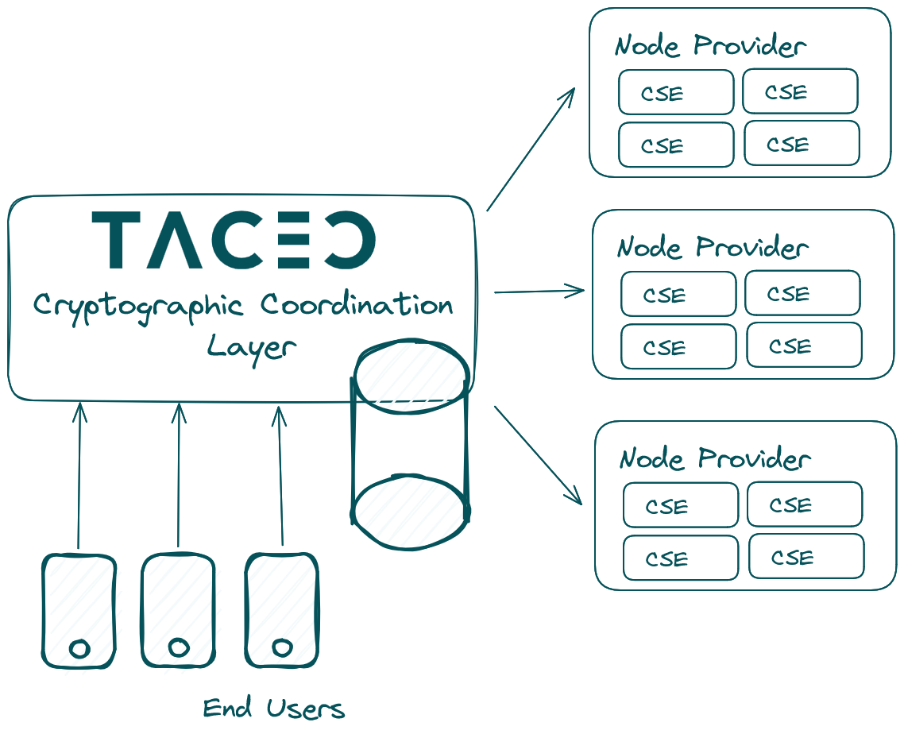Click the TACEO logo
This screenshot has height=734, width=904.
[234, 240]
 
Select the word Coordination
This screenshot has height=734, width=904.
[357, 303]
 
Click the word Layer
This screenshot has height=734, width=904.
[252, 349]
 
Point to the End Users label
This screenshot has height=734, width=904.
[274, 708]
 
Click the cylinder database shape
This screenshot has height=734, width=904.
[410, 444]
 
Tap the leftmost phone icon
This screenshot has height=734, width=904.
[79, 611]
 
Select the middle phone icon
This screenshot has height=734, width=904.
[178, 611]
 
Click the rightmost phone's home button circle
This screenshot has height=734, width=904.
[282, 647]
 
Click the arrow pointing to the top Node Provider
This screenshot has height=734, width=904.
[531, 149]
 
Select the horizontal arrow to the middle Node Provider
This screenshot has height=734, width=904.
[539, 292]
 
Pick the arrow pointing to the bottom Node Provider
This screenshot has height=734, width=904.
[539, 455]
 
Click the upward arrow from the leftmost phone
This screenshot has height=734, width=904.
[79, 476]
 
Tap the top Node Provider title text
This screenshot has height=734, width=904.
[710, 45]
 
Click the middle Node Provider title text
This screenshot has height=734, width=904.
[713, 247]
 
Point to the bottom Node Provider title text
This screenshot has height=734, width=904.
[715, 458]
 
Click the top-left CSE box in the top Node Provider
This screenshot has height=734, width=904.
[676, 92]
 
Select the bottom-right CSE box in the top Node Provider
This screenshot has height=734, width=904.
[802, 143]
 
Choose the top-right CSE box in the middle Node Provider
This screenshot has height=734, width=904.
[802, 293]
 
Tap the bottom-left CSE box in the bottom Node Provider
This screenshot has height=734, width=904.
[681, 558]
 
